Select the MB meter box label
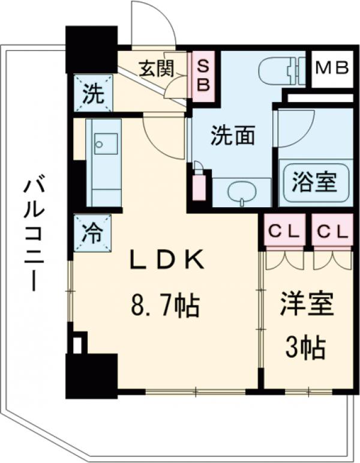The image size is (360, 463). tap(332, 68)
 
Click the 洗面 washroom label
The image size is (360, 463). tap(232, 136)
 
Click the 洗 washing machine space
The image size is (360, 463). tap(92, 94)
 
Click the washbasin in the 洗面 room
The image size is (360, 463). tap(242, 192)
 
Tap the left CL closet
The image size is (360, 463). tap(283, 231)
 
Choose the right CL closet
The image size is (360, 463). tap(332, 231)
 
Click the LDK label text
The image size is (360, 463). tap(169, 260)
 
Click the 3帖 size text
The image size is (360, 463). tap(305, 346)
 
